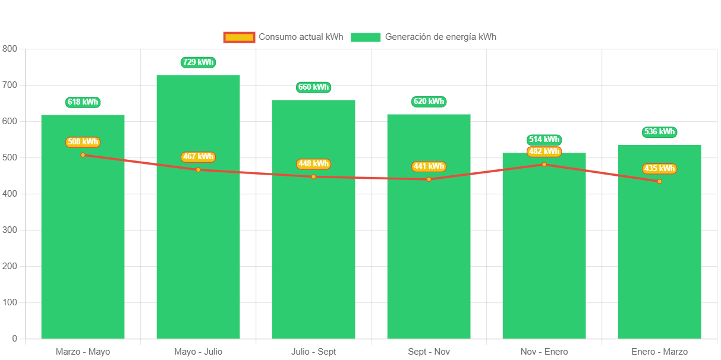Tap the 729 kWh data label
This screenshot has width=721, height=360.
coord(198,62)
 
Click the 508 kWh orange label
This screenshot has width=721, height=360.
coord(83,142)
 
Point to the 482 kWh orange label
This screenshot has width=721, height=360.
coord(544,151)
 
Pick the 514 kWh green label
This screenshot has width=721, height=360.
coord(544,140)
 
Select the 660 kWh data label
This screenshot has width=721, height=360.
coord(313,87)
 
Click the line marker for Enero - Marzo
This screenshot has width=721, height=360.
coord(659,181)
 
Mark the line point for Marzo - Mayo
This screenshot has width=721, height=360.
coord(83,155)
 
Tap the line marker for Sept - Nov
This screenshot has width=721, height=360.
coord(429,179)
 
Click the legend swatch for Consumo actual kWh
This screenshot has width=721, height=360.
coord(239,37)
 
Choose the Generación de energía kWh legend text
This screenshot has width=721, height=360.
coord(440,37)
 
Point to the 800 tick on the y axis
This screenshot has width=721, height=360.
coord(10,49)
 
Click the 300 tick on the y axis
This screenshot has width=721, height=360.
coord(10,230)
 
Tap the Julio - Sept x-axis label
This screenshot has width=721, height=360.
coord(313,352)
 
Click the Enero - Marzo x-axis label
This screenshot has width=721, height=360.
coord(659,352)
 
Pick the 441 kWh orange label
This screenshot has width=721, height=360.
coord(429,166)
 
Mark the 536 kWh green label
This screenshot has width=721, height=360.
coord(659,132)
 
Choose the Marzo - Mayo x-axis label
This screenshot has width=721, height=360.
coord(83,352)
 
